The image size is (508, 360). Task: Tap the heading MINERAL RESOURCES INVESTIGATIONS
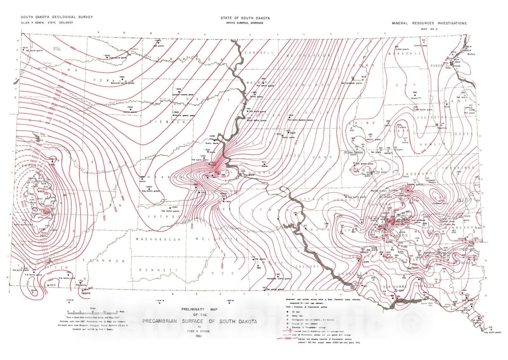pos(429,23)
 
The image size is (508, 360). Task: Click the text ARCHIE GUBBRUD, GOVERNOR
pos(245,23)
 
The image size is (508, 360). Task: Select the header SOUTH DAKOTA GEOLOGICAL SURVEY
pos(57,17)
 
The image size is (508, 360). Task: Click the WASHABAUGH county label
pos(158,239)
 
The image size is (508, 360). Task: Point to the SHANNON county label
pos(104,261)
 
